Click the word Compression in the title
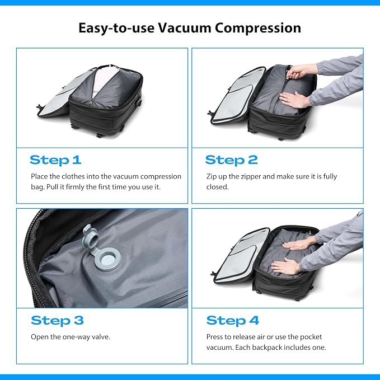point(258,29)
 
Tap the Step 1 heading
point(55,160)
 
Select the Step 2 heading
point(232,160)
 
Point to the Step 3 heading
point(57,320)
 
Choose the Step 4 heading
point(233,320)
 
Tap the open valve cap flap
point(90,238)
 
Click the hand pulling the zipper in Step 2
point(301,71)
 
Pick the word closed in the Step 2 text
point(217,187)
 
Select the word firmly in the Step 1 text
point(81,187)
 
